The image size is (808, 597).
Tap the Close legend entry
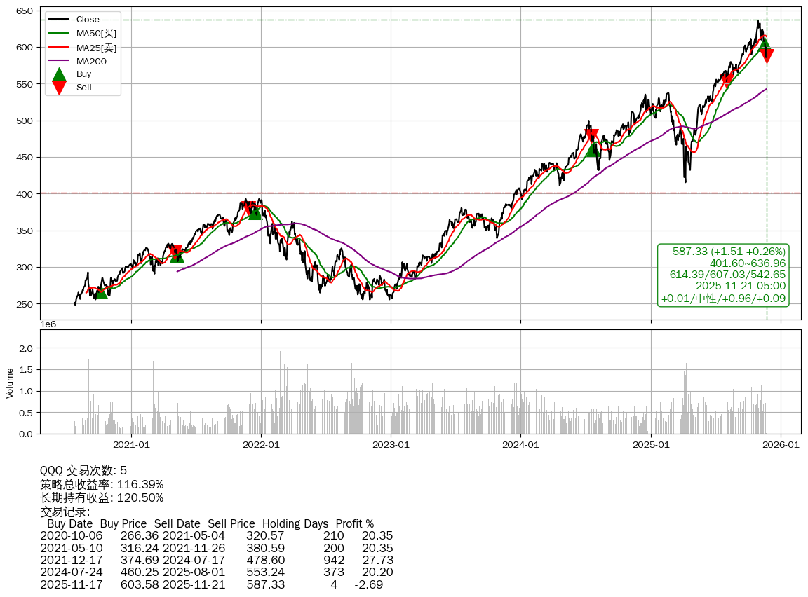click(88, 20)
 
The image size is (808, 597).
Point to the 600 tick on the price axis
click(25, 47)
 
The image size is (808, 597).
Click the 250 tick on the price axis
click(25, 304)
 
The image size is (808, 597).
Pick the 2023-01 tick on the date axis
click(391, 444)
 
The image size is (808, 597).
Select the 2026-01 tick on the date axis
click(781, 444)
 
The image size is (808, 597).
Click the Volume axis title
click(10, 383)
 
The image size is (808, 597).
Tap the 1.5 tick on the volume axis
click(26, 369)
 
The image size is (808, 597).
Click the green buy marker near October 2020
click(102, 291)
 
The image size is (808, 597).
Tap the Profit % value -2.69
click(368, 584)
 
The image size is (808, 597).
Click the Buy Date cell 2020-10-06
click(71, 536)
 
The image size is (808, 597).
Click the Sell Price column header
click(231, 523)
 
